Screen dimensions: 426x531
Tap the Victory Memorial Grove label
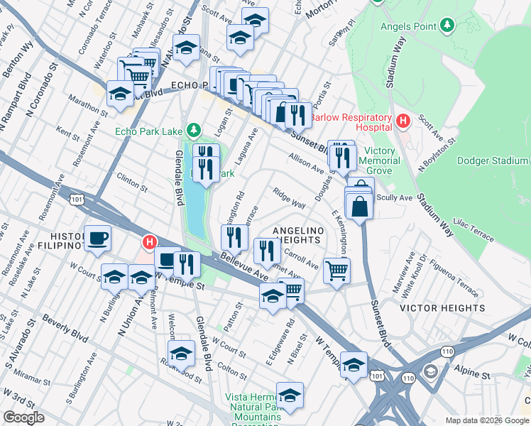[x=382, y=160]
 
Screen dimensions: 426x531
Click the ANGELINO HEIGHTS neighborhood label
[x=299, y=236]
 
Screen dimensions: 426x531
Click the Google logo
[x=23, y=417]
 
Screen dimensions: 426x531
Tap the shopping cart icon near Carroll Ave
[x=336, y=268]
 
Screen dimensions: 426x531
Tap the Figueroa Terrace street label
[x=458, y=273]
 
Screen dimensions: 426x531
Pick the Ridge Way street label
[x=290, y=197]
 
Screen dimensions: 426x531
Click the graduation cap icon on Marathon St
[x=120, y=94]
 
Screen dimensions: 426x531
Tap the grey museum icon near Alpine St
[x=431, y=372]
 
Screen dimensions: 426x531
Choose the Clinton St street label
[x=132, y=185]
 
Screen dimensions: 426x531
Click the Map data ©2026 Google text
[x=487, y=420]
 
